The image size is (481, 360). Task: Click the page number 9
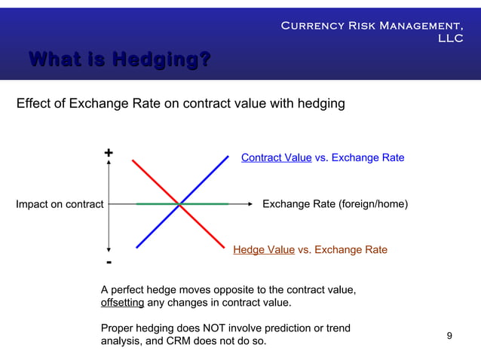click(x=449, y=335)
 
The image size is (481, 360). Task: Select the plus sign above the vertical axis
click(x=109, y=153)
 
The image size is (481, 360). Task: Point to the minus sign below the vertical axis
click(x=109, y=262)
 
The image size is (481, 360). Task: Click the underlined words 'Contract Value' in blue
click(x=276, y=157)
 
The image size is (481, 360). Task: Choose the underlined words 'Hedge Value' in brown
click(x=264, y=249)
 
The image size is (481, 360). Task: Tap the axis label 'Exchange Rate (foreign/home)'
click(x=334, y=203)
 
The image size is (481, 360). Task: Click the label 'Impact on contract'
click(x=60, y=204)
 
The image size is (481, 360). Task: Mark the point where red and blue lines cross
click(x=180, y=203)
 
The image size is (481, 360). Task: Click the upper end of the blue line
click(x=228, y=156)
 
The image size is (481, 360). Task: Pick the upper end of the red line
click(x=133, y=160)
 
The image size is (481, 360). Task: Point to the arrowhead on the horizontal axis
click(x=248, y=203)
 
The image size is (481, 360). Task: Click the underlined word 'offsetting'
click(x=122, y=303)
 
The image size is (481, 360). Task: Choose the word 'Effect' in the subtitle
click(x=33, y=103)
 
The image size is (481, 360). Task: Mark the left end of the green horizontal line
click(x=136, y=203)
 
